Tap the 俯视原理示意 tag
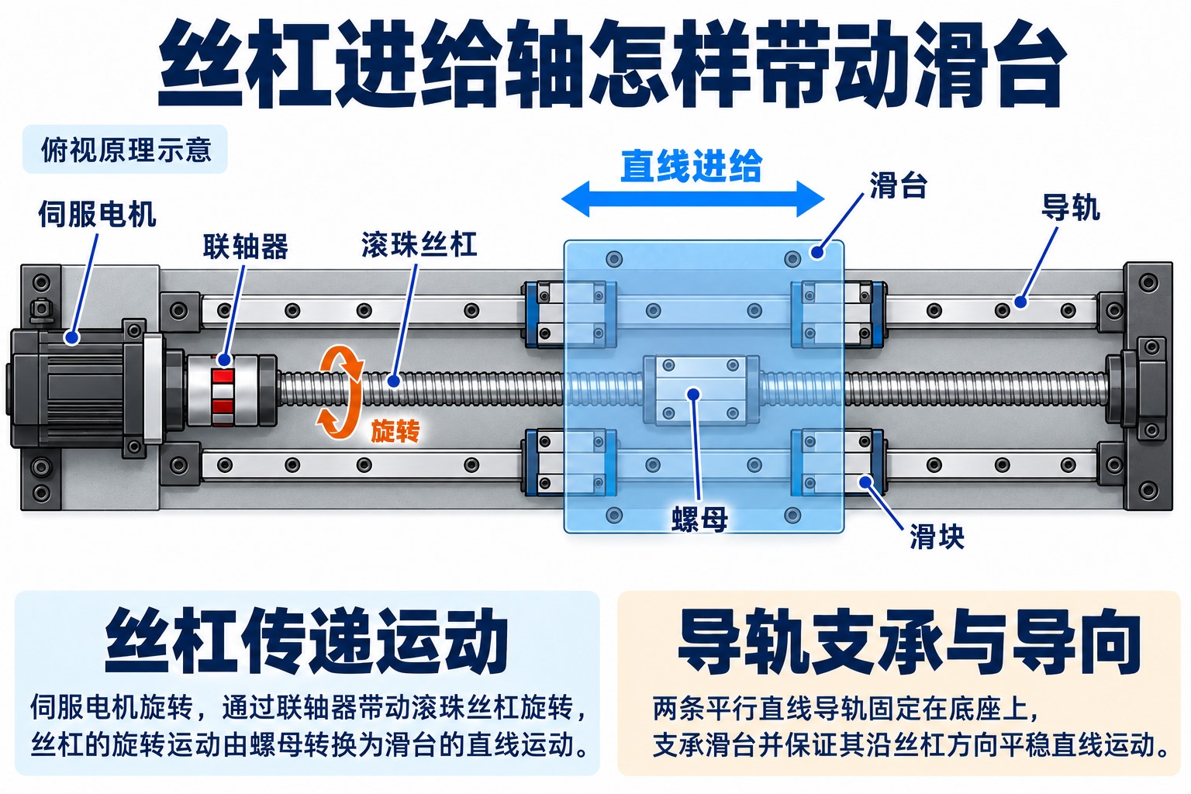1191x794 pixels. click(x=125, y=150)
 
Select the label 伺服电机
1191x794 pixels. click(x=97, y=214)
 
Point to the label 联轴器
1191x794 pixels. click(x=246, y=247)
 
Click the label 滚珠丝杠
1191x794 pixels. click(x=419, y=244)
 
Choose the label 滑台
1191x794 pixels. click(x=898, y=185)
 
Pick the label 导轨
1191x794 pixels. click(x=1070, y=207)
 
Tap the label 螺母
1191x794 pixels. click(x=699, y=519)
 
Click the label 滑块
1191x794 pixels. click(x=937, y=536)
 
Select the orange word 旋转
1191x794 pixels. click(x=395, y=431)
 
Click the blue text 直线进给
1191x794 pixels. click(x=692, y=165)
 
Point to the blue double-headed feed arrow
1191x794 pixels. click(x=692, y=199)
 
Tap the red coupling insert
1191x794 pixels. click(x=223, y=390)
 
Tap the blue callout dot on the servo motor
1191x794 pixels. click(x=72, y=337)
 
